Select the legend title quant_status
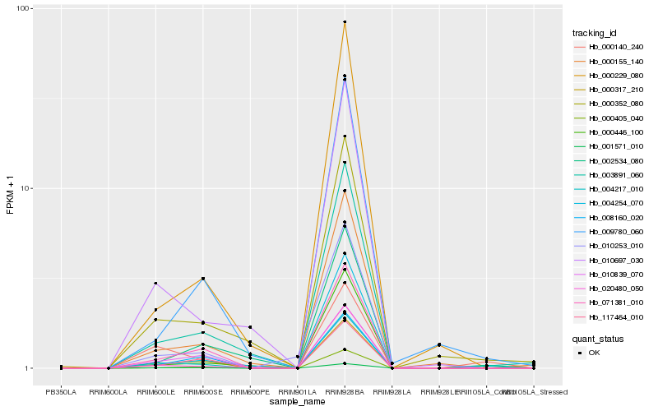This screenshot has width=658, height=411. [597, 338]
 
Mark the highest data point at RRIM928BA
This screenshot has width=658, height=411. [345, 22]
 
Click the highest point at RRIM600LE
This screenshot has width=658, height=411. [155, 284]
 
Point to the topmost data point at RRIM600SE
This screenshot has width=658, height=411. [202, 279]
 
